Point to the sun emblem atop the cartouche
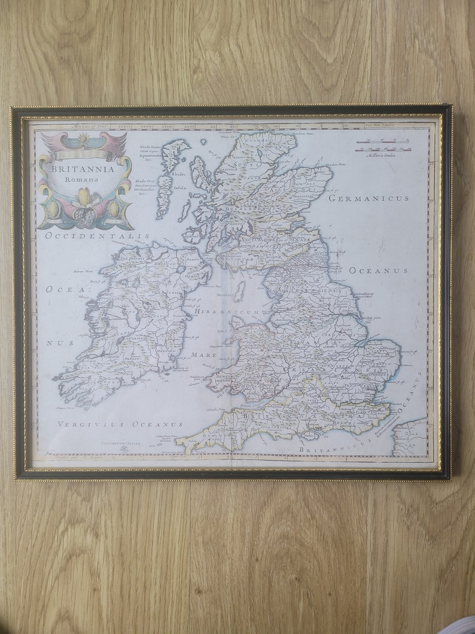[84, 138]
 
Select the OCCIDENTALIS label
[97, 236]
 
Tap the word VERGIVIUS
[90, 424]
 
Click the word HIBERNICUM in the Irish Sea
[226, 312]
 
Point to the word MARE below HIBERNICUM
[204, 354]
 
